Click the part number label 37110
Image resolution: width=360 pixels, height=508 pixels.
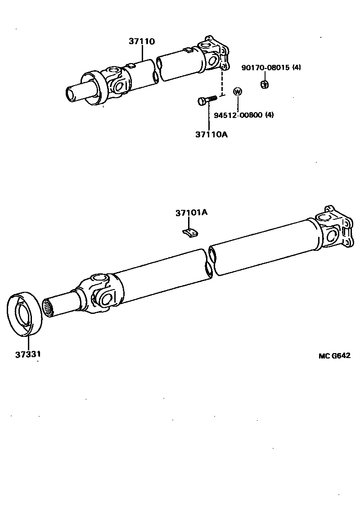click(142, 41)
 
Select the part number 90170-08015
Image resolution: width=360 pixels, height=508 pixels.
click(265, 68)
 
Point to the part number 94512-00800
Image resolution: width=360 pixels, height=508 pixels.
click(238, 115)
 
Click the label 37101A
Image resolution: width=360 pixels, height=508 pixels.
click(191, 213)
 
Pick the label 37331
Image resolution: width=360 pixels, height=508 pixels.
click(28, 354)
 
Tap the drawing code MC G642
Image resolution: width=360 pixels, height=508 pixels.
click(334, 355)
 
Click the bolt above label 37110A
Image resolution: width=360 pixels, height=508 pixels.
click(207, 100)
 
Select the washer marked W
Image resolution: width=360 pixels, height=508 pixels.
click(238, 91)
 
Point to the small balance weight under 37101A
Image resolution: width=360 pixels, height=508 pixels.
click(191, 232)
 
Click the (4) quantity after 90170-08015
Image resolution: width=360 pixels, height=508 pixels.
click(297, 68)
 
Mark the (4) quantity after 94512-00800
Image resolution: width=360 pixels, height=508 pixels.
click(269, 115)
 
